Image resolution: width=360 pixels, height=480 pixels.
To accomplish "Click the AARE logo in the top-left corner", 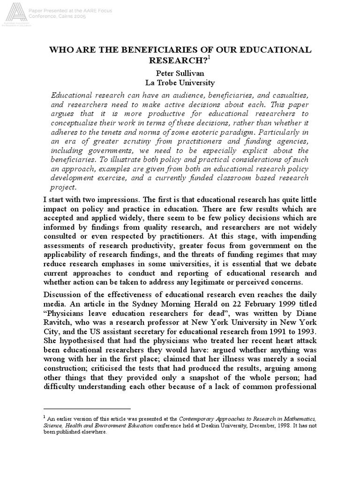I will [x=13, y=13].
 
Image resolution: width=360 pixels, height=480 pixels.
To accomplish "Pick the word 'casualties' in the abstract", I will [x=289, y=95].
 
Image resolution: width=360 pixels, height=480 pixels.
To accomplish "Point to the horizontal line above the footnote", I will [x=87, y=409].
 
